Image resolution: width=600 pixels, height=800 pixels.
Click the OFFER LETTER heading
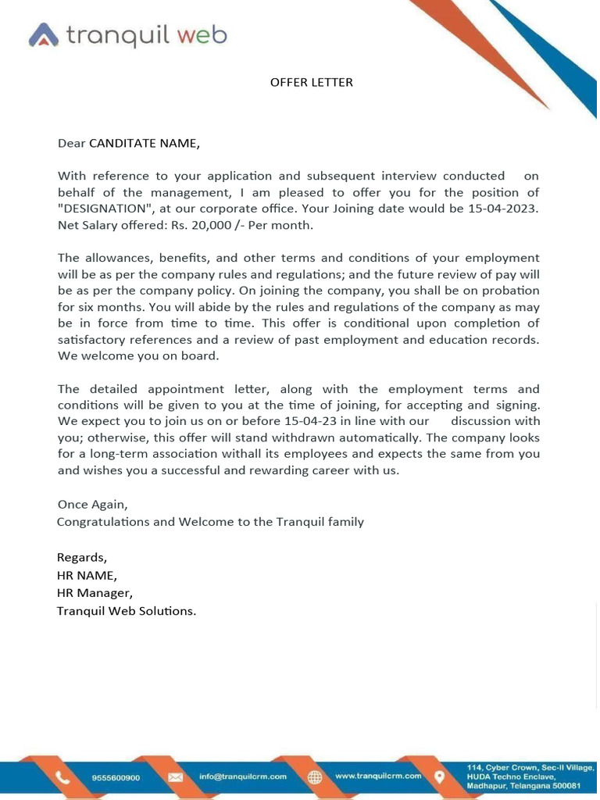point(311,82)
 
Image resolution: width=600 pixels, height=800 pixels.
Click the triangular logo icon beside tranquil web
point(44,35)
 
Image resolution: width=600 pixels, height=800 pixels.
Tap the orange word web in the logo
point(201,34)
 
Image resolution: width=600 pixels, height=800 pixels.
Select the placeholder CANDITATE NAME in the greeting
point(145,143)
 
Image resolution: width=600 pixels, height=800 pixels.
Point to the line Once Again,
point(92,505)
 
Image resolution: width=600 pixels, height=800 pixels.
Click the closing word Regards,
point(82,557)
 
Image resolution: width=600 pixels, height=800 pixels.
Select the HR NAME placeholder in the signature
point(87,576)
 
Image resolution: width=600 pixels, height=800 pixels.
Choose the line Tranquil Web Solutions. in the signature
point(127,611)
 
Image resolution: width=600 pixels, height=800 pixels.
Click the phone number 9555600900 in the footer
point(116,777)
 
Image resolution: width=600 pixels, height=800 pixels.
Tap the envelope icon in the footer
point(176,777)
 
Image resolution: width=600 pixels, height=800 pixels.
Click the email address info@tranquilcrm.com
point(242,777)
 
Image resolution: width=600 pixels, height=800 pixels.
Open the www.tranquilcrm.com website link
point(378,776)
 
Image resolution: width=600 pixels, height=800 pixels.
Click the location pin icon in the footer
point(440,777)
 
